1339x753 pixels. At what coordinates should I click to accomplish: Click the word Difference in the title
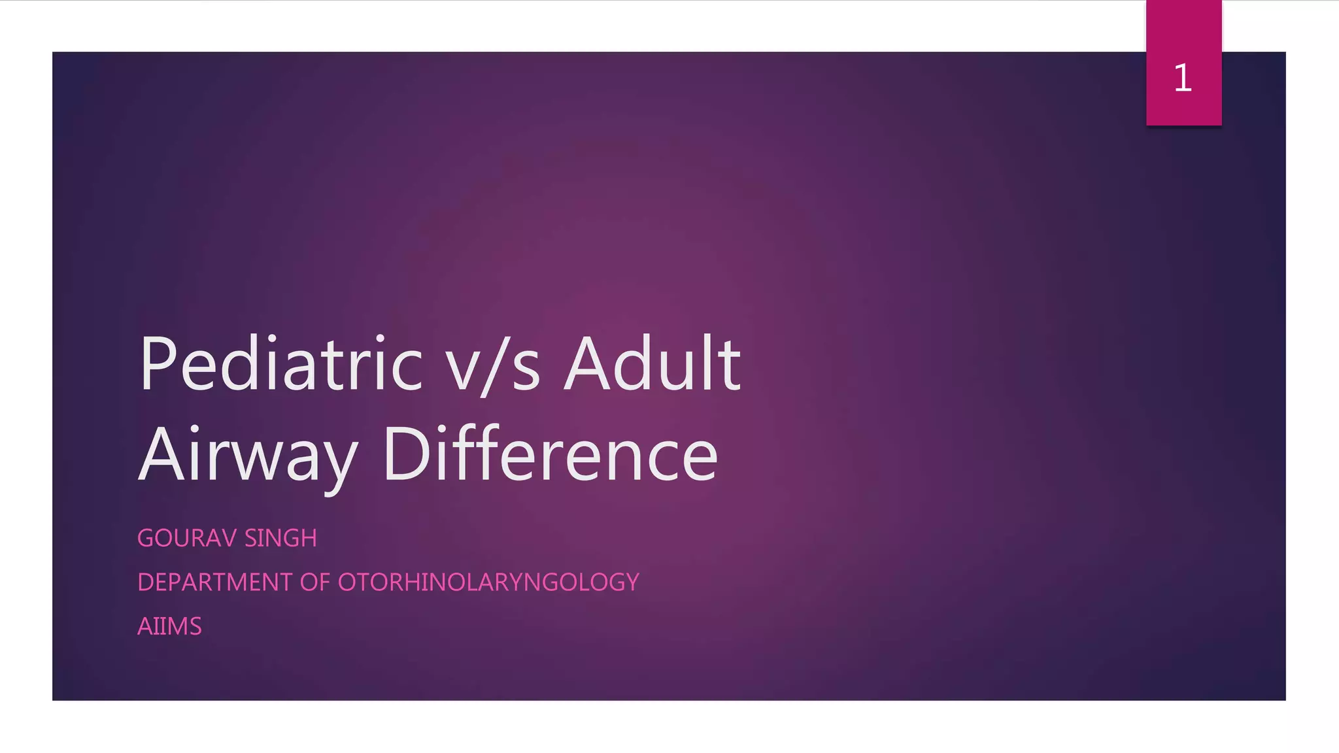551,454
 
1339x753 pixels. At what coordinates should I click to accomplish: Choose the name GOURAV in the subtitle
186,538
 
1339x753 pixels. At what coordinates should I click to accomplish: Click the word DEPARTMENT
214,582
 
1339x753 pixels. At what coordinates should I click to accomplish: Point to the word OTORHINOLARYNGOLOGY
488,582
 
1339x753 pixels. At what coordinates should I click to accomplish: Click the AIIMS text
169,626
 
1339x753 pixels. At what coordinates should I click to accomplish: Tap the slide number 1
1183,78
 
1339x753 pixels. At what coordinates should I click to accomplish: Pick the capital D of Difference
405,454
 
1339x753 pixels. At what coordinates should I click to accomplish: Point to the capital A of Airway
161,454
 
